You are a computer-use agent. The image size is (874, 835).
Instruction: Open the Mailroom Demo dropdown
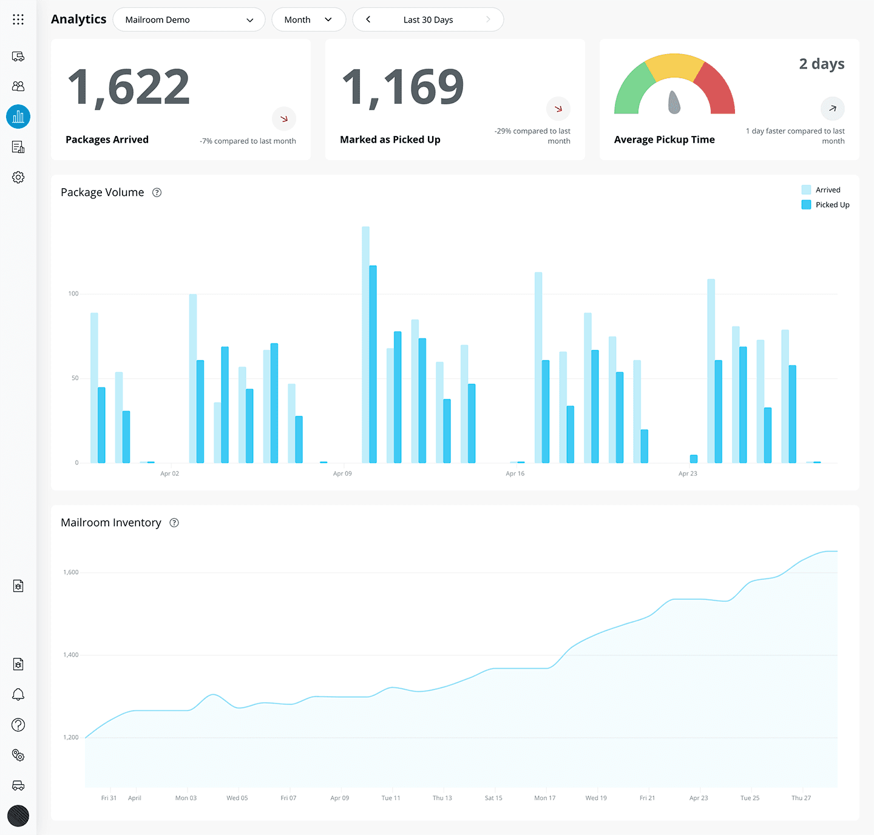coord(189,19)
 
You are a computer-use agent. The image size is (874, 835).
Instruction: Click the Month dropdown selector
coord(308,19)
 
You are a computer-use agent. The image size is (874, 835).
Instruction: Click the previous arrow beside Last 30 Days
coord(368,19)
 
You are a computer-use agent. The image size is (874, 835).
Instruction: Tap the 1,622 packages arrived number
coord(129,87)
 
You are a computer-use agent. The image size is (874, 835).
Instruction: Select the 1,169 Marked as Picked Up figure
coord(403,87)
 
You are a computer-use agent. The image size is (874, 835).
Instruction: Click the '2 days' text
coord(821,64)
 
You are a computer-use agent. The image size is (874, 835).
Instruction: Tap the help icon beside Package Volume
coord(157,192)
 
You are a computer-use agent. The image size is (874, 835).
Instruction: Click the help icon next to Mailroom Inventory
coord(174,522)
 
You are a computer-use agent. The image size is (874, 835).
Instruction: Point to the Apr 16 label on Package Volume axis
coord(515,473)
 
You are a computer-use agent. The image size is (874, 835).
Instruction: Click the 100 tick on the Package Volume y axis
coord(73,294)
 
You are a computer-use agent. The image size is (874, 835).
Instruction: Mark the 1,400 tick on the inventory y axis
coord(71,655)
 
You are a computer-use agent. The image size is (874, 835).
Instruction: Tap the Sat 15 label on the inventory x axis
coord(493,798)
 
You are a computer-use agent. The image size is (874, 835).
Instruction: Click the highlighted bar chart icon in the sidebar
coord(18,117)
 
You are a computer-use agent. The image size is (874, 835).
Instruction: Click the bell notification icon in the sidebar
coord(18,694)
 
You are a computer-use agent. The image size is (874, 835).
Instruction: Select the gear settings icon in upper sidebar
coord(18,177)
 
